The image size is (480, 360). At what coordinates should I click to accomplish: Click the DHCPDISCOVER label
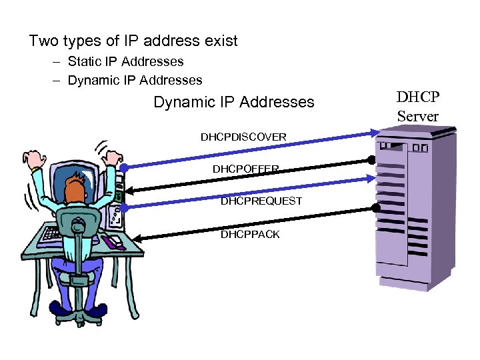(243, 137)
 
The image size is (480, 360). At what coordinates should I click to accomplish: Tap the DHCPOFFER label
(245, 169)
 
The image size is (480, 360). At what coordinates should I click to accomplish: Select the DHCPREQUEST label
(261, 201)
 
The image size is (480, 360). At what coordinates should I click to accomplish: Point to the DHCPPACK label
(250, 234)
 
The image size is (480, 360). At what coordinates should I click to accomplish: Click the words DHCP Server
(418, 107)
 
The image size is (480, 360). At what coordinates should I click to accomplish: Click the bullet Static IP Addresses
(125, 62)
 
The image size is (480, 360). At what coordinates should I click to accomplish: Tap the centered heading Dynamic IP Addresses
(233, 103)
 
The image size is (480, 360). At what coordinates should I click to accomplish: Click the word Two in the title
(44, 41)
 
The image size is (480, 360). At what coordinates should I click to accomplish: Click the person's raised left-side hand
(31, 159)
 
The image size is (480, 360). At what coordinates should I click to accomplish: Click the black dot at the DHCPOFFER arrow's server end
(372, 161)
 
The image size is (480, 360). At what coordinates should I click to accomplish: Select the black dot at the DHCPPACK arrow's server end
(376, 208)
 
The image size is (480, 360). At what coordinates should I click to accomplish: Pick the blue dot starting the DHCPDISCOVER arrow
(124, 166)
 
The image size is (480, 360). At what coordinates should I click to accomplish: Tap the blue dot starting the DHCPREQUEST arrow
(124, 207)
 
